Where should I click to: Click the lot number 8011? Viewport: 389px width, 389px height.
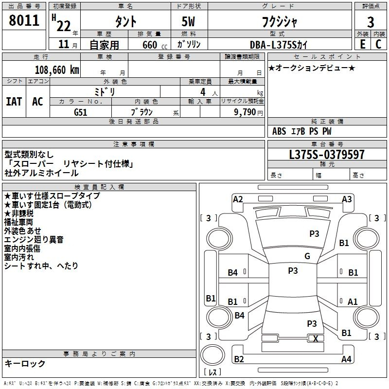click(24, 20)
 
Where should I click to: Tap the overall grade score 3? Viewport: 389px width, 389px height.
click(371, 22)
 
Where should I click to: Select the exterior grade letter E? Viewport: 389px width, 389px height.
click(363, 44)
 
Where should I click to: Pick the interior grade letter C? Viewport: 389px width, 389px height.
click(378, 44)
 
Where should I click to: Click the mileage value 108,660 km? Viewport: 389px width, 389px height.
click(57, 70)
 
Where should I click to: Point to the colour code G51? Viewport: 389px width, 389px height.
click(81, 112)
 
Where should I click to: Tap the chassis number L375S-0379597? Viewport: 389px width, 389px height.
click(327, 154)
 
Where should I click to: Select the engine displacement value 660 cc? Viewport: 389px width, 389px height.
click(155, 45)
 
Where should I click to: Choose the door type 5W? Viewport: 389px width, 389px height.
click(188, 21)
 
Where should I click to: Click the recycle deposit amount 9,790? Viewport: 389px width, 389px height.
click(245, 112)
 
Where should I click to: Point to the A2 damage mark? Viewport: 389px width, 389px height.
click(238, 199)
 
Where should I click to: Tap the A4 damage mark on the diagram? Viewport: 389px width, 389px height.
click(346, 359)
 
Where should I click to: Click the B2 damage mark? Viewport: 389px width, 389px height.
click(239, 359)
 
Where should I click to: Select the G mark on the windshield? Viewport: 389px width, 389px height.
click(307, 256)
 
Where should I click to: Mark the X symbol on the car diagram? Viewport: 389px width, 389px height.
click(316, 338)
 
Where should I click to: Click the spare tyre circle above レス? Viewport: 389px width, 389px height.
click(212, 354)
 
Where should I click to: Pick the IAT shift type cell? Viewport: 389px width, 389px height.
click(14, 102)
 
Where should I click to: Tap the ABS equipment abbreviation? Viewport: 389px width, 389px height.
click(279, 131)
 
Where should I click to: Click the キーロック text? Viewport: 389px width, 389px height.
click(25, 363)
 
